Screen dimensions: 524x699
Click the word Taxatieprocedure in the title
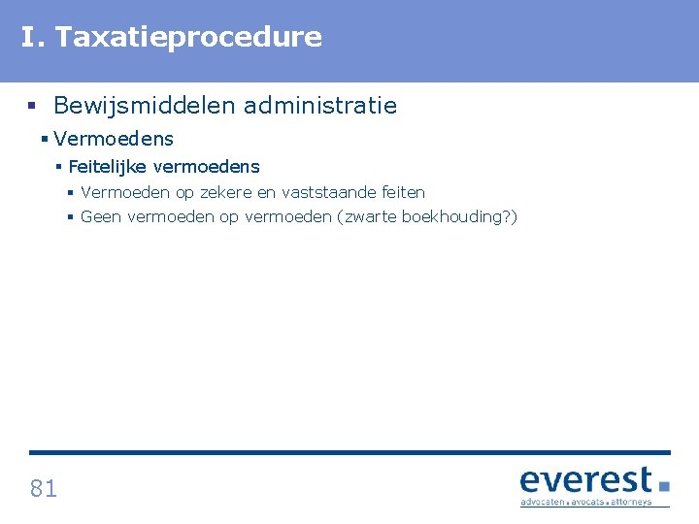[x=188, y=38]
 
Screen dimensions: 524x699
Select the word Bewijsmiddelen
[x=145, y=106]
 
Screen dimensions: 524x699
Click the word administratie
[x=320, y=106]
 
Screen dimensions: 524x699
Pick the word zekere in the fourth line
[x=227, y=192]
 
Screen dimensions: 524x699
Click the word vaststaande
[x=327, y=192]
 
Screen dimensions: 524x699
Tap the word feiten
[x=402, y=192]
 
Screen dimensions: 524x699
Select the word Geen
[x=101, y=216]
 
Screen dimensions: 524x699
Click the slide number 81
[x=44, y=488]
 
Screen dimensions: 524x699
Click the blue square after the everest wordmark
[x=664, y=484]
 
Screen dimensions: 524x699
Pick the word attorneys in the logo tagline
[x=632, y=503]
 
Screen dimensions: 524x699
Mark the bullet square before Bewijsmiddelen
[x=34, y=106]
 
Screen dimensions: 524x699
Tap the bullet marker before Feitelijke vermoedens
[x=59, y=167]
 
